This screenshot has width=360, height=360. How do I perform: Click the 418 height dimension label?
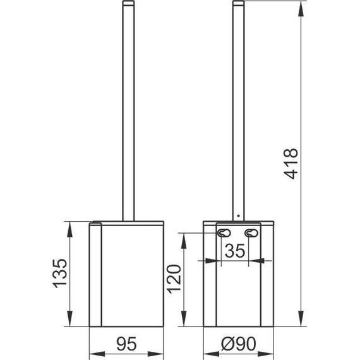point(291,164)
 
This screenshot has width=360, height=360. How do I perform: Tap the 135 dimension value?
point(60,273)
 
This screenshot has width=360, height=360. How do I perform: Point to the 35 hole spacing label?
point(235,251)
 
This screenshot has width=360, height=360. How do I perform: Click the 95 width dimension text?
point(126,344)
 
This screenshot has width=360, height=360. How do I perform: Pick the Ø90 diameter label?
point(238,344)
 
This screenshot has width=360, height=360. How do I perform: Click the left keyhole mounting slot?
point(224,233)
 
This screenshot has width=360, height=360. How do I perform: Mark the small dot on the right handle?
point(239,215)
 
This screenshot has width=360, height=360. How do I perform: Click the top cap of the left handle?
point(128,3)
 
